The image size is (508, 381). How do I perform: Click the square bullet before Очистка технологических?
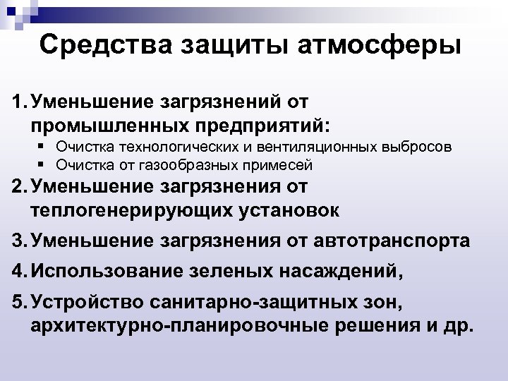(44, 147)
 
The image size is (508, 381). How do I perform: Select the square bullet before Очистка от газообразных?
(44, 164)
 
